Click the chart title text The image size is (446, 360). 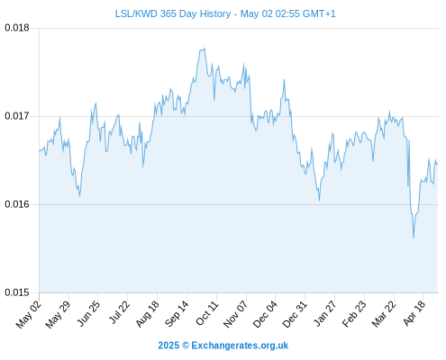[225, 13]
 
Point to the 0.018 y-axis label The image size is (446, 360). [17, 28]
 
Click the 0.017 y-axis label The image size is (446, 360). [17, 116]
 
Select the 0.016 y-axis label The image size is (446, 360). [17, 204]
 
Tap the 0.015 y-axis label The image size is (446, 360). [17, 292]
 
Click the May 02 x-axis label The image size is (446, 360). [29, 314]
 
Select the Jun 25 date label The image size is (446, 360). [88, 313]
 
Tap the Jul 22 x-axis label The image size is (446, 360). [119, 312]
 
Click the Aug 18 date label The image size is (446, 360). [147, 314]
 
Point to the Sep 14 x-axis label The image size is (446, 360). [177, 313]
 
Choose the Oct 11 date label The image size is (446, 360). [207, 313]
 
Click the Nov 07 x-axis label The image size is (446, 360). [236, 314]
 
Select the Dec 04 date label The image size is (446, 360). [265, 314]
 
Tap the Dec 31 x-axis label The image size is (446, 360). [295, 314]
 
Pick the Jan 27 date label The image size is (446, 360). [324, 313]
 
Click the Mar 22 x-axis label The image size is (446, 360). [384, 314]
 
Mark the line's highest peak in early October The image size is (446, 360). [205, 49]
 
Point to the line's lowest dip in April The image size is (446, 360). [414, 238]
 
